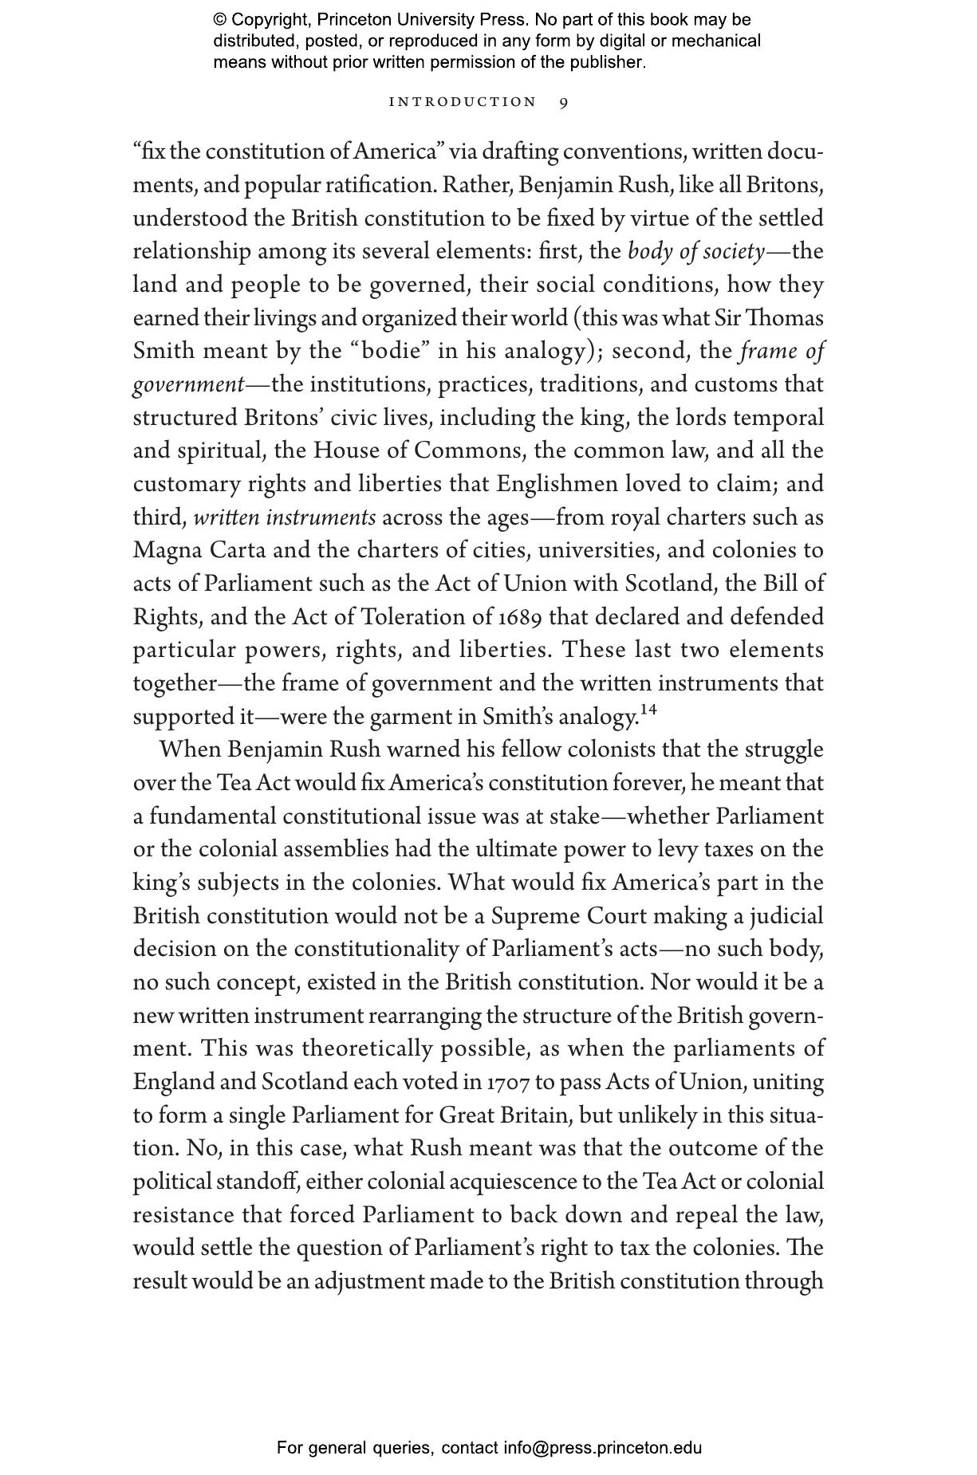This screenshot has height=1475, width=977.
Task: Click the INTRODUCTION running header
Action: point(463,102)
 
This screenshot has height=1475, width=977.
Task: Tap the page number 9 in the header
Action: point(564,102)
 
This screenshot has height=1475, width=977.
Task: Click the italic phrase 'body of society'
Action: point(695,252)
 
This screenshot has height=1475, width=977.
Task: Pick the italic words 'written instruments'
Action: point(284,517)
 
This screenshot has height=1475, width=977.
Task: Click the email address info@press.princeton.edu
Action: point(602,1448)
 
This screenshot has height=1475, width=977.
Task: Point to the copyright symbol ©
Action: point(220,20)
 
